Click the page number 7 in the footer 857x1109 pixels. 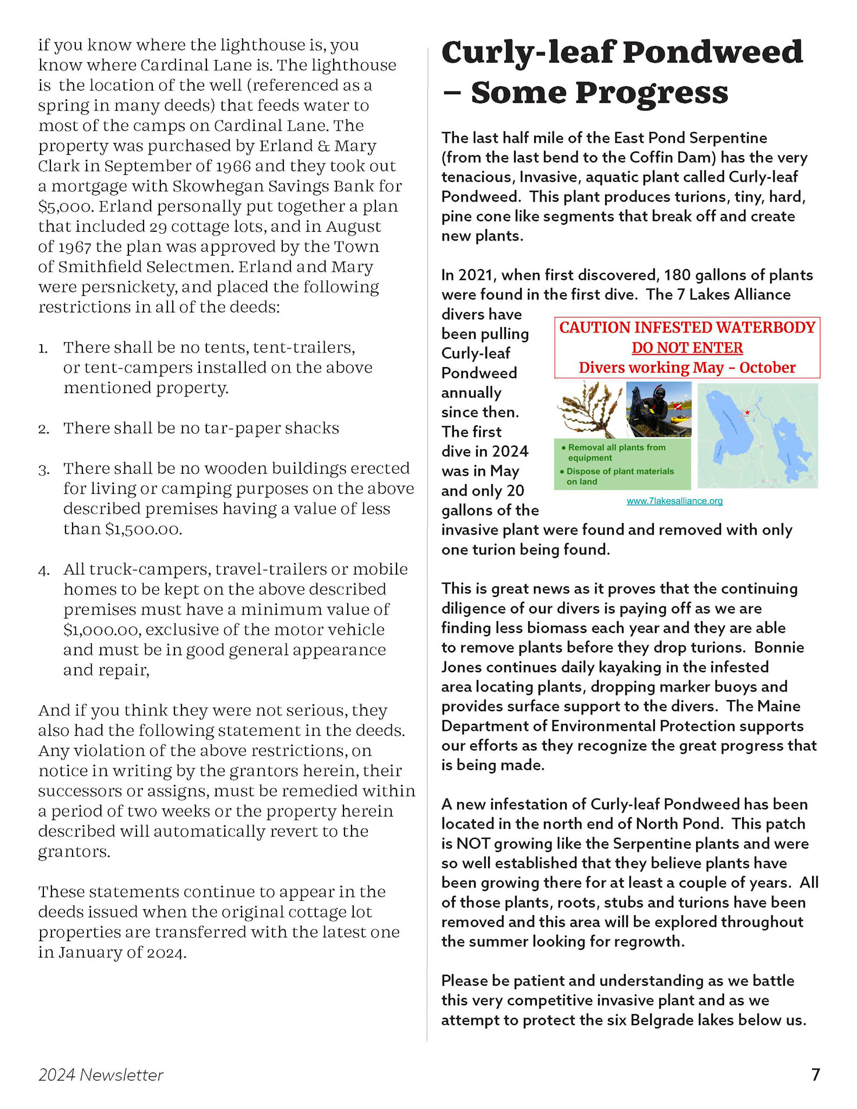[815, 1074]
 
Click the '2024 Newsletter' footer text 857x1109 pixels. [101, 1075]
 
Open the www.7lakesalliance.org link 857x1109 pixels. [674, 501]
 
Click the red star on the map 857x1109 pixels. [748, 413]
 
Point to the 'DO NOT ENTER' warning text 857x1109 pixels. [687, 348]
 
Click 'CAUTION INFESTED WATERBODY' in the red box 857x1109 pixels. [687, 328]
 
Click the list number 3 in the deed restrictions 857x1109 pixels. [43, 469]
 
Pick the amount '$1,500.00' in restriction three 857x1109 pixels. [142, 529]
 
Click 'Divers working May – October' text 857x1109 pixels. [687, 368]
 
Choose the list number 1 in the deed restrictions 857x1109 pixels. [43, 348]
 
